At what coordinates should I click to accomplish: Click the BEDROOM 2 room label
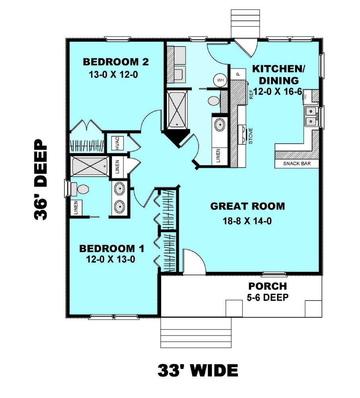116,62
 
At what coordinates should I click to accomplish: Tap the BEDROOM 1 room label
112,248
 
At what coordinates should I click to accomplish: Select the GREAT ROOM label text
247,206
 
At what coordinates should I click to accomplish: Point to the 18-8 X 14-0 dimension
247,221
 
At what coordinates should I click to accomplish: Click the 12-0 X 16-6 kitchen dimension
278,92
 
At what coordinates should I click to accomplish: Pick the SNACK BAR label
297,164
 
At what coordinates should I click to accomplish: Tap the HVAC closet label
117,143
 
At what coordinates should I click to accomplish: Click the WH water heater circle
220,80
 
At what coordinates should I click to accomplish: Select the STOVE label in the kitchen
251,136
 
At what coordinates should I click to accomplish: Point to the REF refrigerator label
251,94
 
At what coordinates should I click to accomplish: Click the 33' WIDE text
198,370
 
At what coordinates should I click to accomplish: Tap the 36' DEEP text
41,179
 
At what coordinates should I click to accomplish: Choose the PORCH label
268,286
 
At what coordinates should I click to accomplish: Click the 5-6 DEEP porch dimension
268,297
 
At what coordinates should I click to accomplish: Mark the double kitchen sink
311,116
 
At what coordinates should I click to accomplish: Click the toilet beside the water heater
214,101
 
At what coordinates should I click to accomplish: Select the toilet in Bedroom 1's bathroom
80,189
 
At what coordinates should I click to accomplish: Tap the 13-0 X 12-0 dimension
113,75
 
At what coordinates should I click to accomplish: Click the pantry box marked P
238,74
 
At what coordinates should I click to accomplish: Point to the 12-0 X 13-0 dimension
110,259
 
